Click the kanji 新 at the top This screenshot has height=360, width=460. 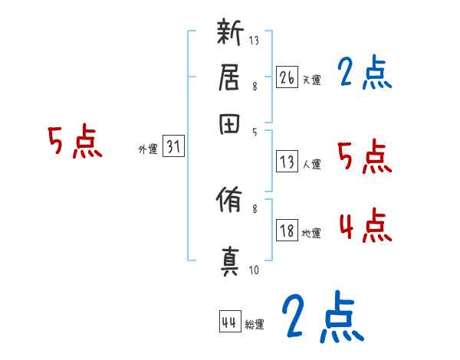click(x=232, y=34)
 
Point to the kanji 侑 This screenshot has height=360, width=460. click(x=232, y=202)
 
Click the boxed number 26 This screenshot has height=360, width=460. click(x=287, y=77)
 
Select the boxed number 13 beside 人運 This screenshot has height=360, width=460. click(x=287, y=162)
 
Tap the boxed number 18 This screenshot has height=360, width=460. click(x=287, y=231)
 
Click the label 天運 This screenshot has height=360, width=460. click(x=311, y=79)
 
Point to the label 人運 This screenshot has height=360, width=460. click(x=311, y=164)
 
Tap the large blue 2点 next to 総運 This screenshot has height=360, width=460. click(x=321, y=316)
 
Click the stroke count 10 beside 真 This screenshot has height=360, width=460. click(x=254, y=270)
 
